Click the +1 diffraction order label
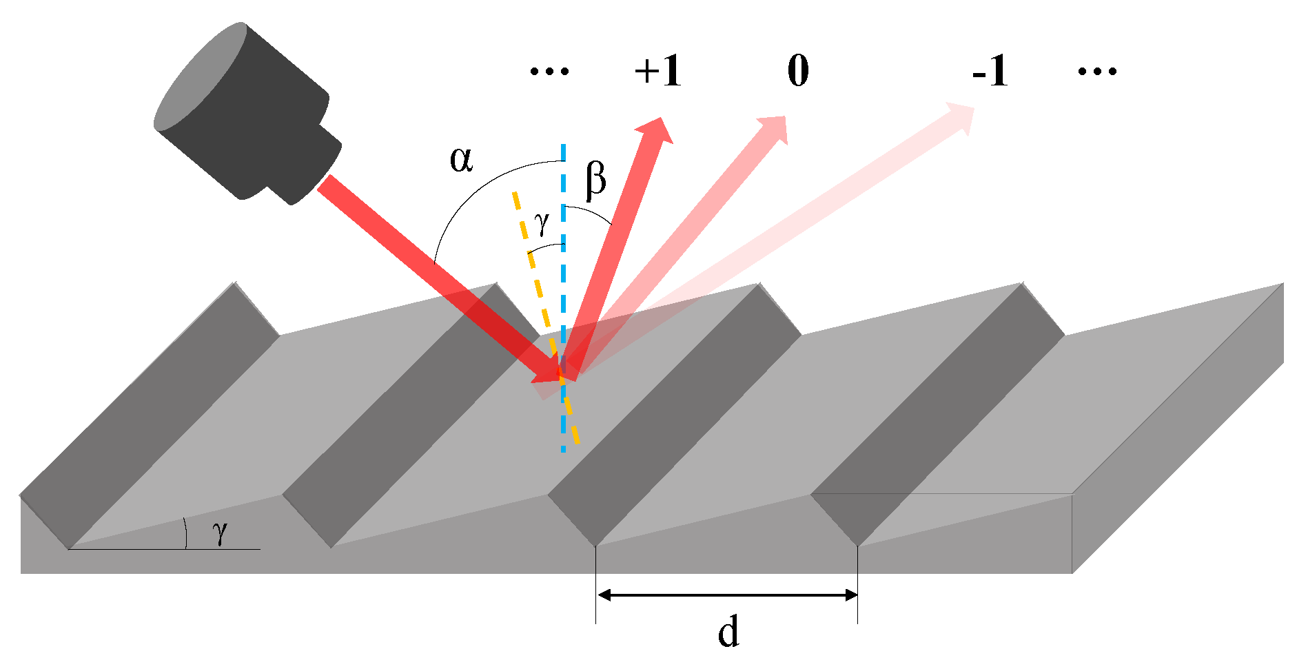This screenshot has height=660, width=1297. [658, 71]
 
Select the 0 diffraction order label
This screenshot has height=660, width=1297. [798, 71]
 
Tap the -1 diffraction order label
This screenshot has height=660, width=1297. [990, 71]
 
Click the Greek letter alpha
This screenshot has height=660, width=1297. [461, 160]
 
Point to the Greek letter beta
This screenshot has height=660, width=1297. [595, 179]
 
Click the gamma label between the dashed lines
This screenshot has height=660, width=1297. [542, 223]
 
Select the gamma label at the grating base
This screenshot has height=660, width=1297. [220, 532]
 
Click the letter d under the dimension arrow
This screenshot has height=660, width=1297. [728, 632]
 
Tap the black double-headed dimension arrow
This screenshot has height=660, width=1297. [727, 595]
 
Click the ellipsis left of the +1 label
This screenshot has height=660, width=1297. [549, 71]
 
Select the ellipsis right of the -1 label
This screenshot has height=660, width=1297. [1096, 71]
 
